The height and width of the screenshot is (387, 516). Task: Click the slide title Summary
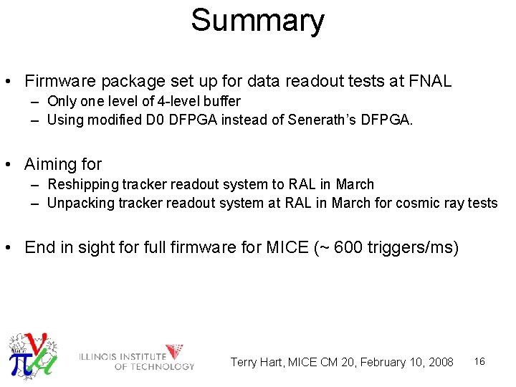pyautogui.click(x=257, y=21)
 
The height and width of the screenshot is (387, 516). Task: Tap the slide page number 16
pyautogui.click(x=479, y=361)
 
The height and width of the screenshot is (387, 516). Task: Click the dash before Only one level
pyautogui.click(x=34, y=101)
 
